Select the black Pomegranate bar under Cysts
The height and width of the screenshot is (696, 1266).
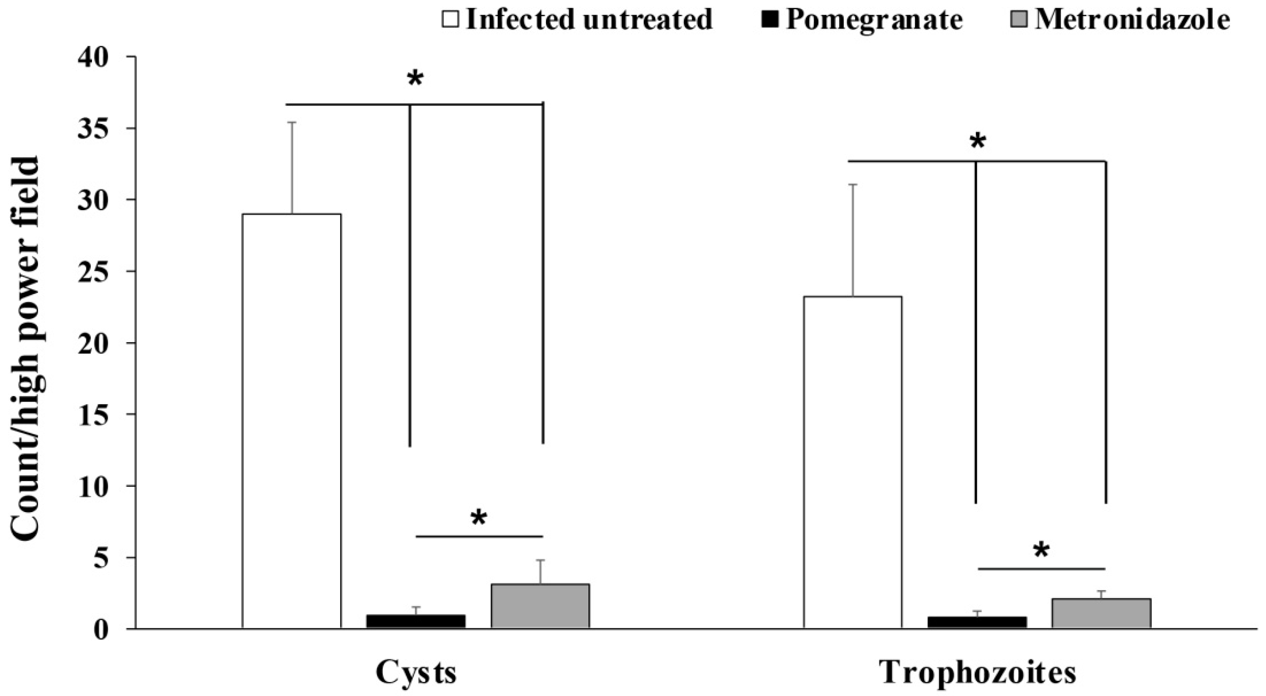[x=416, y=621]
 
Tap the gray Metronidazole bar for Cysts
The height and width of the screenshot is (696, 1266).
[x=540, y=606]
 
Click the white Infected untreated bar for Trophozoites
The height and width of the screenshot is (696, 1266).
[x=853, y=462]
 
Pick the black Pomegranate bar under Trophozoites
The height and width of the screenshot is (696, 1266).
[x=977, y=622]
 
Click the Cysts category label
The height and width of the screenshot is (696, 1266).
[x=416, y=673]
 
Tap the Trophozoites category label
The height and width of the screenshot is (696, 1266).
[x=977, y=673]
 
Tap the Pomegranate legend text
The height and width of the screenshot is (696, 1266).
[x=874, y=20]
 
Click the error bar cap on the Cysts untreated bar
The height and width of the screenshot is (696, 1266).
[x=292, y=122]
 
